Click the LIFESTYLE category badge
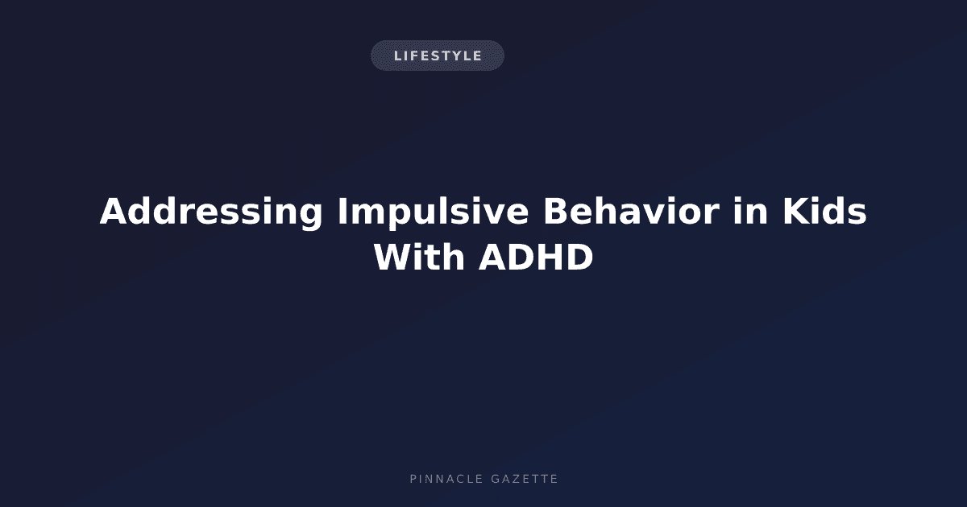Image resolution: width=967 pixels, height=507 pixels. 438,56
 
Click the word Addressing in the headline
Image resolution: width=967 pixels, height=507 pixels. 211,212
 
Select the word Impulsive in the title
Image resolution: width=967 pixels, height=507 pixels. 433,212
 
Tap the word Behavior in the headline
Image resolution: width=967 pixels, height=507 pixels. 631,211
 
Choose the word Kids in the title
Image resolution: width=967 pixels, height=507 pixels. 824,211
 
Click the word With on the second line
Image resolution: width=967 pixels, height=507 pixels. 419,257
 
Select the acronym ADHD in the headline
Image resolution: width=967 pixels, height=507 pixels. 536,258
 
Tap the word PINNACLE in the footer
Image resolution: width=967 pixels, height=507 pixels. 446,479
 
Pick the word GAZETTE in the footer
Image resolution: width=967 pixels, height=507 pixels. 525,479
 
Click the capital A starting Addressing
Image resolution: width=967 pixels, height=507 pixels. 114,211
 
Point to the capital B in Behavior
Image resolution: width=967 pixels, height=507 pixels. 556,211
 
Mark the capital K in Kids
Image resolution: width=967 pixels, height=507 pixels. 796,211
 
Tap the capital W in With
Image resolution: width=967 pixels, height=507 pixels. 394,258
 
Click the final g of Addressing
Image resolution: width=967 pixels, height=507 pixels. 311,215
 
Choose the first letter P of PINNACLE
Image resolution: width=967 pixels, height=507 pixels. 413,479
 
